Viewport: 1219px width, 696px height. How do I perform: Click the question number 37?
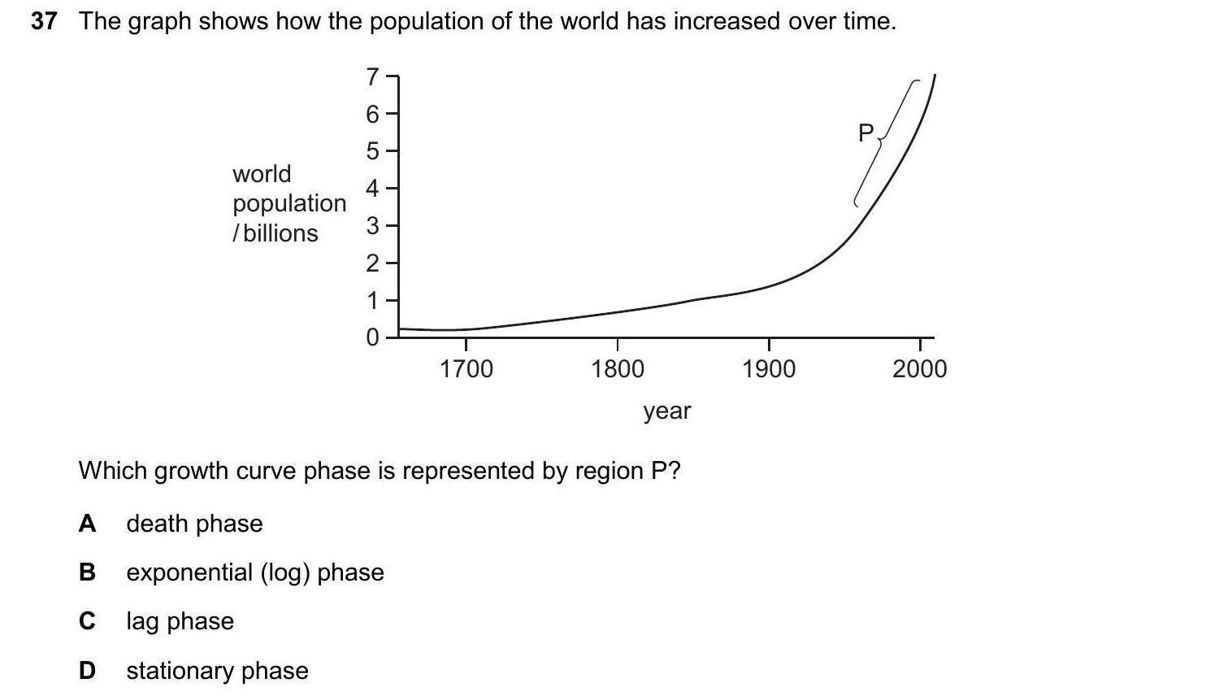point(44,21)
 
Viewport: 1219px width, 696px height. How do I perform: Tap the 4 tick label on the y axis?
point(372,189)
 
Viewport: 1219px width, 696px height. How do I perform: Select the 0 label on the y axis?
point(372,337)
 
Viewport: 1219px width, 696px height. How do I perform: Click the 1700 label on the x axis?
point(466,369)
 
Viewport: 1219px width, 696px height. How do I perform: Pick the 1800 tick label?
point(618,369)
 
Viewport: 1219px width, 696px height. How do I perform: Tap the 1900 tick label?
point(769,369)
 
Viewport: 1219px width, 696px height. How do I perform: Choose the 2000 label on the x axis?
point(919,369)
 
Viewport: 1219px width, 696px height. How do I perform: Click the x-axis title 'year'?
point(667,411)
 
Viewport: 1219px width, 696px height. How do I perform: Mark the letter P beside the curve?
point(865,133)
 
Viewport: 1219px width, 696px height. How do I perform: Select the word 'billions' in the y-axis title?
point(280,233)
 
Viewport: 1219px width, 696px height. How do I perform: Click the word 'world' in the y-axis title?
point(262,174)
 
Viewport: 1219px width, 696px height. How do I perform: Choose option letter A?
point(87,524)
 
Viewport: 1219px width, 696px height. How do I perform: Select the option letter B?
point(87,572)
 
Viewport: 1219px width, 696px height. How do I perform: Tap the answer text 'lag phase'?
point(180,621)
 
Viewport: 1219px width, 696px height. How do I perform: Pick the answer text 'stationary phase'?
point(217,671)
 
